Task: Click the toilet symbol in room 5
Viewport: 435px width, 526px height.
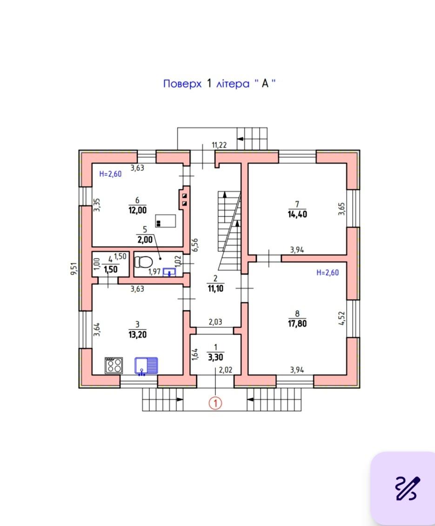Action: [143, 262]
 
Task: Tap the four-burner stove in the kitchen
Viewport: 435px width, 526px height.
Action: [114, 365]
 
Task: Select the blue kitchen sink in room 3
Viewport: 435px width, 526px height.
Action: [146, 366]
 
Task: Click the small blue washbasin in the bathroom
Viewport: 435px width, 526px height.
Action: [169, 272]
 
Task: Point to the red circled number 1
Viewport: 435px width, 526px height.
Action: [215, 403]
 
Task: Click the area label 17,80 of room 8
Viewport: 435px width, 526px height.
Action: [297, 324]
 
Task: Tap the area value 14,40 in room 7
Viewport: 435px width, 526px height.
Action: [297, 214]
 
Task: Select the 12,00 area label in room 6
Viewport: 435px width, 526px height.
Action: [138, 210]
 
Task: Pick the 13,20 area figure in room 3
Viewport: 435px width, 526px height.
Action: [138, 335]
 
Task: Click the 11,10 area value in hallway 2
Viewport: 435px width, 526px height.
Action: [215, 288]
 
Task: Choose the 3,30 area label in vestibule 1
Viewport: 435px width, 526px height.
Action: [215, 357]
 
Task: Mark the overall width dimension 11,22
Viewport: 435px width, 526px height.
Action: [219, 145]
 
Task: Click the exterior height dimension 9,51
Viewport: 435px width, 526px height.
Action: [74, 269]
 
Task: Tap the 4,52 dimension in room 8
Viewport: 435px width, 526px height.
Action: [341, 318]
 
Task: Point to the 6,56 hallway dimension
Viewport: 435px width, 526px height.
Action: [195, 245]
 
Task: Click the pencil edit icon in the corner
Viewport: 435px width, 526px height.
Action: [408, 488]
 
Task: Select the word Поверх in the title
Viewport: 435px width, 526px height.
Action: [182, 83]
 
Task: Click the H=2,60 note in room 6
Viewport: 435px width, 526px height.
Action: [110, 174]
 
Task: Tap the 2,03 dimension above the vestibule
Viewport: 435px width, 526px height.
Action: [215, 322]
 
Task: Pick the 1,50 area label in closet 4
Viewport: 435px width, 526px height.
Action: [111, 270]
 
